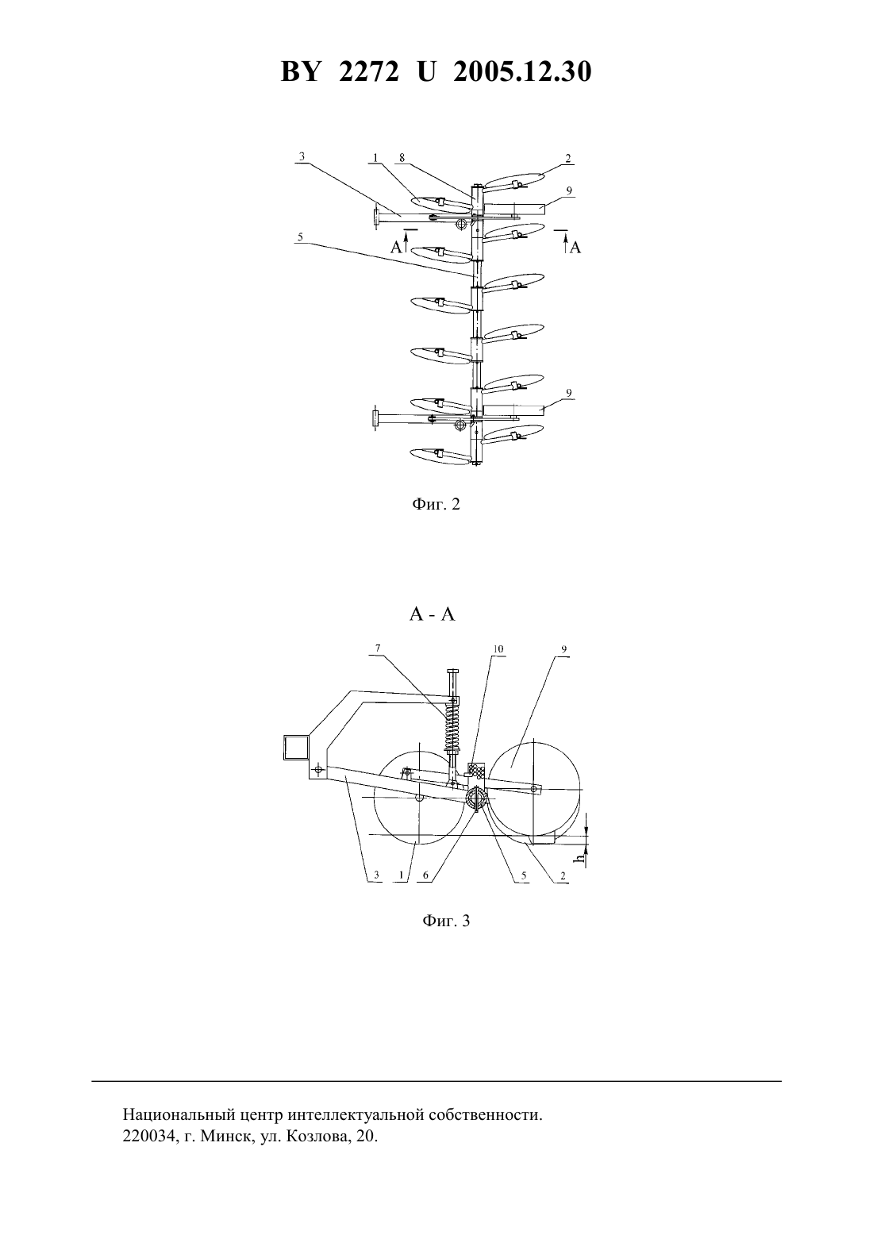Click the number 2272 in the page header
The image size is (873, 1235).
click(x=369, y=71)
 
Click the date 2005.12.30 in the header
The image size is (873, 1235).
click(x=522, y=71)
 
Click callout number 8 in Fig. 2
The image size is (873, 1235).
click(x=402, y=158)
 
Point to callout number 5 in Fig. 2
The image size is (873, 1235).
click(x=300, y=237)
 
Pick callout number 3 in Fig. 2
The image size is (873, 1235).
click(x=302, y=156)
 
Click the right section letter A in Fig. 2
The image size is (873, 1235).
click(x=575, y=248)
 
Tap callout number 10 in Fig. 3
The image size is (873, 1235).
click(x=498, y=649)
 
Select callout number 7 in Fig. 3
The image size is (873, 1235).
click(x=378, y=648)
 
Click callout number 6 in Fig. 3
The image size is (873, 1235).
click(x=425, y=875)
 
